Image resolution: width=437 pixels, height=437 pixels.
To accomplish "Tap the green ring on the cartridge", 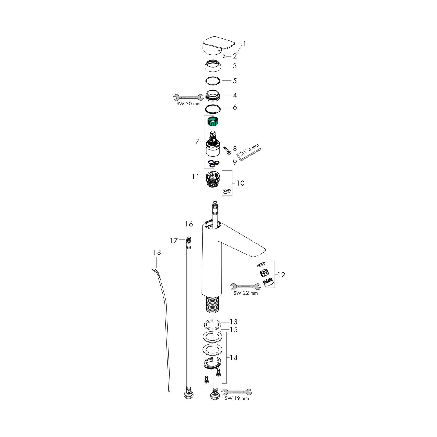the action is click(213, 121).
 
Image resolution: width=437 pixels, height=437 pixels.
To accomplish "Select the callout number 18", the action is click(157, 252).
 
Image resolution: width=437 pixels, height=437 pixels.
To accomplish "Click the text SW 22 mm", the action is click(246, 293).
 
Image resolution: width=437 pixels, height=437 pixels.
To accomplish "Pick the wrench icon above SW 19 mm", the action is click(237, 392).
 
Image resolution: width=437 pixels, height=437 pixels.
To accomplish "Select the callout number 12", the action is click(281, 274).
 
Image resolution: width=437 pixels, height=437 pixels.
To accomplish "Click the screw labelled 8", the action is click(227, 150).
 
